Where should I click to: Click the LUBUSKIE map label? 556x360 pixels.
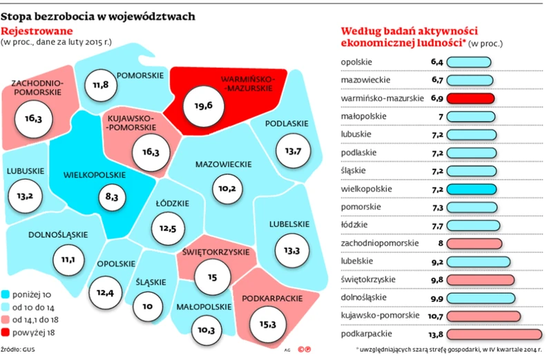point(25,172)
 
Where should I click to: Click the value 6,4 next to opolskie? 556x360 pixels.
point(436,63)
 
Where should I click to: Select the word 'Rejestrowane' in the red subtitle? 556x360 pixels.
point(36,31)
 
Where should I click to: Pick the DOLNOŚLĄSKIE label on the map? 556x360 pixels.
point(58,234)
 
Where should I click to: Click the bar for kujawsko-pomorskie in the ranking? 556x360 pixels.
point(482,315)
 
